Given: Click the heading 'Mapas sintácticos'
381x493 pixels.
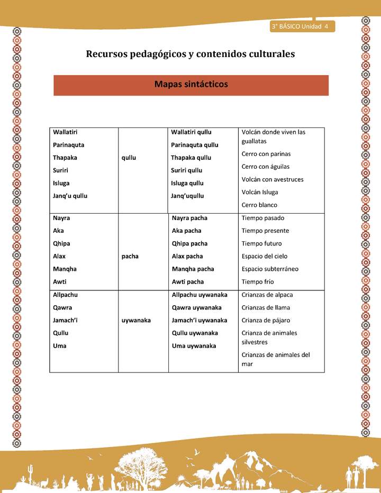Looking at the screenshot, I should click(190, 85).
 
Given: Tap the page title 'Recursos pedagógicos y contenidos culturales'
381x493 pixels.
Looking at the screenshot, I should click(190, 53).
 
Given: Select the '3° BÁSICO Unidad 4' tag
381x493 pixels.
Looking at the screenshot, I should click(300, 26).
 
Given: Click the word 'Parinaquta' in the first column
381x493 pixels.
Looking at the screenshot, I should click(69, 145).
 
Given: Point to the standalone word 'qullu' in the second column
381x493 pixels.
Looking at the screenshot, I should click(129, 158).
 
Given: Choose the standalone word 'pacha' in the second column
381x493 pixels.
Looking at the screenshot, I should click(130, 256).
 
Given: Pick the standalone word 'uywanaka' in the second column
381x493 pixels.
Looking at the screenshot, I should click(136, 320).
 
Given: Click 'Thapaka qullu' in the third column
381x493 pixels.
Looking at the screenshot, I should click(191, 158).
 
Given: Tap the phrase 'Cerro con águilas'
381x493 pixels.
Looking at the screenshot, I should click(266, 167).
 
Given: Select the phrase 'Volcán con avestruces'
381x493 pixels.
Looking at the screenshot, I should click(273, 179).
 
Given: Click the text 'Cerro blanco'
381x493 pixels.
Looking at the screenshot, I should click(259, 205).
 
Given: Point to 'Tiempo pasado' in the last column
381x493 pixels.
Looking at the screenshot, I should click(263, 218).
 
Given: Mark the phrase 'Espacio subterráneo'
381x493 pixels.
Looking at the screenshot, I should click(270, 269).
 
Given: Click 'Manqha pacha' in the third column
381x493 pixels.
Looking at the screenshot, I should click(193, 269).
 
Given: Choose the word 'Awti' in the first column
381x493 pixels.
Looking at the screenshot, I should click(59, 281).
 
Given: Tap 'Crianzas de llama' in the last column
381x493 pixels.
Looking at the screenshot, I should click(266, 307).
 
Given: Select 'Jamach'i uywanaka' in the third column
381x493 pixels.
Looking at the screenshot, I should click(199, 320).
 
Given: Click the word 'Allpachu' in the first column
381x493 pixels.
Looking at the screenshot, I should click(65, 295).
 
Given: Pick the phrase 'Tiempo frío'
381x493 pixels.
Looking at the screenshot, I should click(258, 281).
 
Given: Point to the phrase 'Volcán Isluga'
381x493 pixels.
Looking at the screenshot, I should click(260, 192).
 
